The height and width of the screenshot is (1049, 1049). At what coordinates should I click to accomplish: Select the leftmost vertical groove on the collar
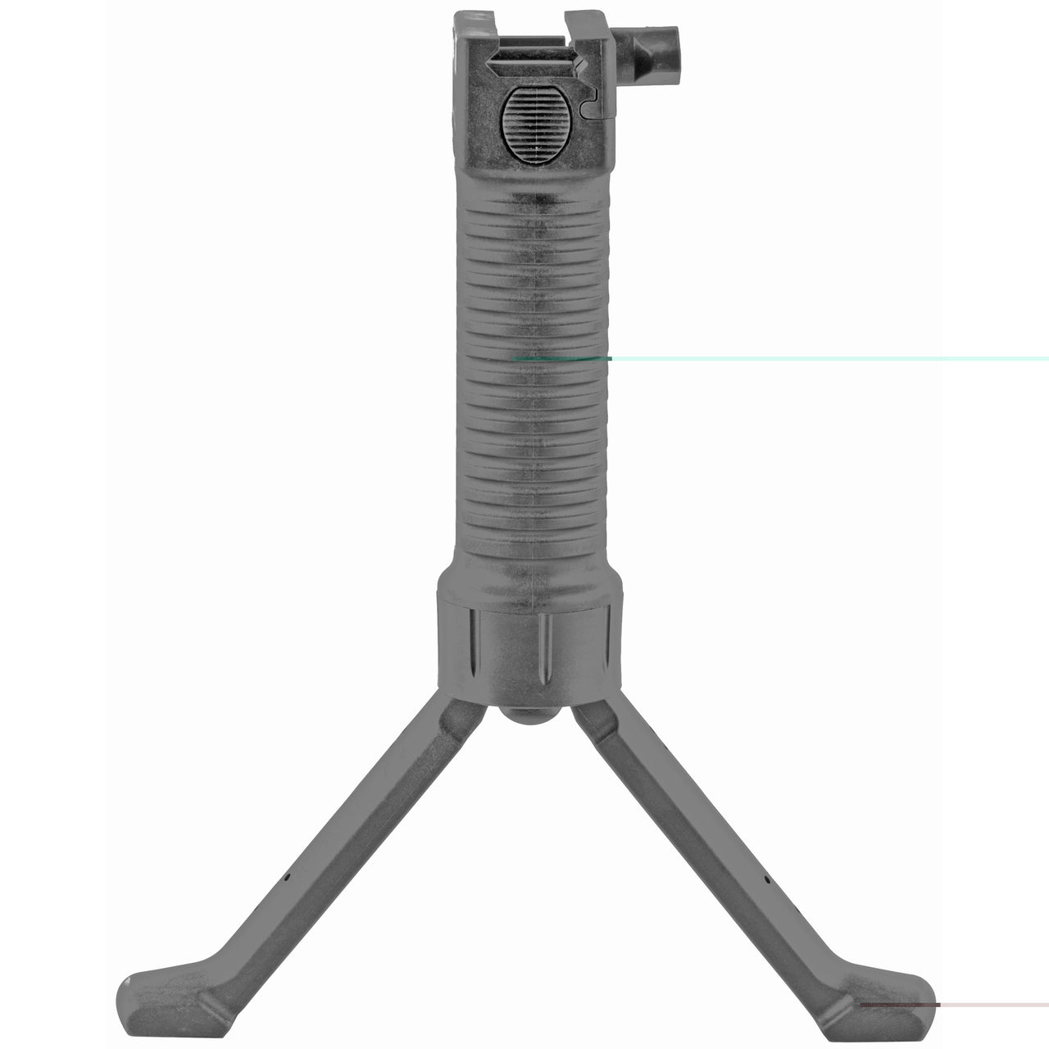(x=473, y=652)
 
